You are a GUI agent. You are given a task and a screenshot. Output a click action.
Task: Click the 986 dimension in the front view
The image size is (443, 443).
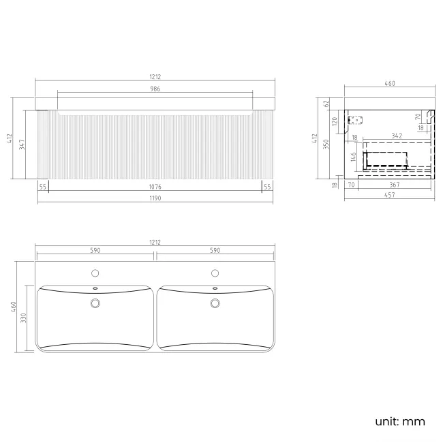[x=155, y=89]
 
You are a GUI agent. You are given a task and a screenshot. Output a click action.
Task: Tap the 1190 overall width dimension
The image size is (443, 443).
[x=155, y=198]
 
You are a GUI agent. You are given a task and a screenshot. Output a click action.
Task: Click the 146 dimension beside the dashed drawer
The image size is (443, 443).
[x=354, y=159]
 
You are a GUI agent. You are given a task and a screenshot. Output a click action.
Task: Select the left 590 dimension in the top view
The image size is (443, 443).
[x=95, y=251]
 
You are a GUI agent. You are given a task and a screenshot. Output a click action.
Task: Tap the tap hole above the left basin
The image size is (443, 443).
[x=95, y=273]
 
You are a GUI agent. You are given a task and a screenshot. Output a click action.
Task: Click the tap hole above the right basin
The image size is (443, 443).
[x=215, y=273]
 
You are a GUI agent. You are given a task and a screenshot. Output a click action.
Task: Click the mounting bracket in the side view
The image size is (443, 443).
[x=354, y=121]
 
